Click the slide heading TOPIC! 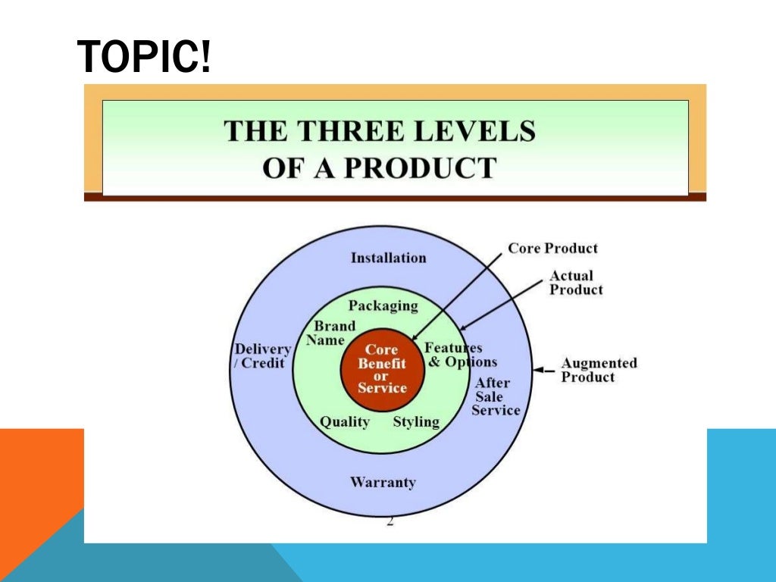coord(144,58)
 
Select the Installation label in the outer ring coord(388,258)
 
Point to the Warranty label coord(383,482)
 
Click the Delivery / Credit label coord(261,355)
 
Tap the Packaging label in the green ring coord(383,305)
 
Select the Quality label coord(344,421)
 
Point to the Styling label coord(416,421)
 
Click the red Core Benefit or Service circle coord(382,369)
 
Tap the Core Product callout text coord(552,248)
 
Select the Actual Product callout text coord(576,283)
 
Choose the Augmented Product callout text coord(599,370)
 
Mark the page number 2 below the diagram coord(390,521)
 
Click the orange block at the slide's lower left coord(38,470)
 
